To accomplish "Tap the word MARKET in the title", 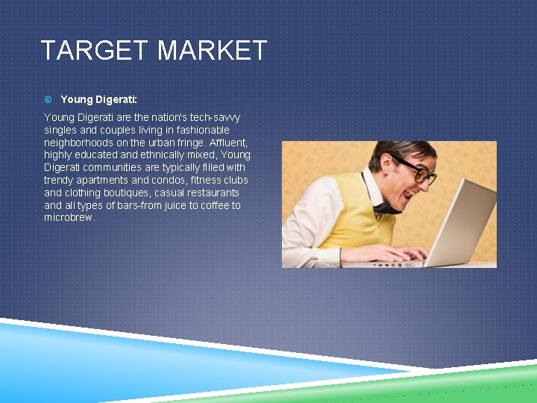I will tap(212, 51).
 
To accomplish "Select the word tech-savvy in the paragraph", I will tap(216, 118).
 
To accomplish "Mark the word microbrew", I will tap(69, 218).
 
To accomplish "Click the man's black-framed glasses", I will tap(418, 172).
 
